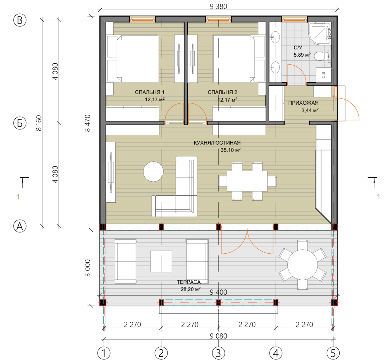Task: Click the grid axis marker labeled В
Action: [x=20, y=20]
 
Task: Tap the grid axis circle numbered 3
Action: [x=218, y=353]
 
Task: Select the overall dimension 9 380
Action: [x=218, y=7]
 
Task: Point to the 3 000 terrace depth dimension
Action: [x=88, y=268]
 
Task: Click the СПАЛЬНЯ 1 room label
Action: [x=149, y=92]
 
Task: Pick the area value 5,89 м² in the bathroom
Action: [x=302, y=55]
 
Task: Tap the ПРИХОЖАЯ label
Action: [x=303, y=103]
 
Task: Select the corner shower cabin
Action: [x=320, y=33]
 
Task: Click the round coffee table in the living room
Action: [x=153, y=172]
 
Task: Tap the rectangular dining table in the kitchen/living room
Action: [x=247, y=181]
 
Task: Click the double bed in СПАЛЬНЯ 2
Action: [x=239, y=59]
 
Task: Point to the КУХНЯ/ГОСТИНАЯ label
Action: [x=217, y=143]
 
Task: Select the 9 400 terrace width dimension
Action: [x=218, y=292]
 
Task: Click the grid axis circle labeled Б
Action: [x=20, y=123]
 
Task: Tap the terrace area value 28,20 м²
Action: [x=190, y=289]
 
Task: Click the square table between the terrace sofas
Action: [x=161, y=261]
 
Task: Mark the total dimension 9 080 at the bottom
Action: [x=218, y=336]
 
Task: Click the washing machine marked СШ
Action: [x=323, y=75]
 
